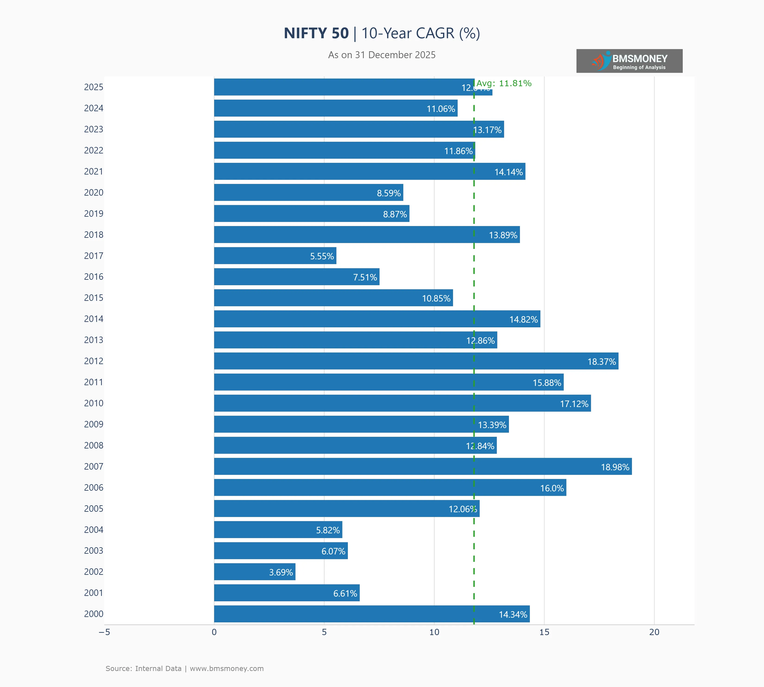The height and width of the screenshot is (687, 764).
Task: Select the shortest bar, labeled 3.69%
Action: point(254,572)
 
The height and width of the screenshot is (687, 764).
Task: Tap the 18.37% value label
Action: point(601,362)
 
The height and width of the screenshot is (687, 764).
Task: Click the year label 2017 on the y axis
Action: point(94,256)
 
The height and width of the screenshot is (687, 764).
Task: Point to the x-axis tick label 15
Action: point(544,632)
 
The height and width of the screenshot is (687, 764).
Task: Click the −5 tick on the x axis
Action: point(104,632)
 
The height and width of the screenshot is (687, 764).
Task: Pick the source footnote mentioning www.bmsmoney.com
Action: point(184,668)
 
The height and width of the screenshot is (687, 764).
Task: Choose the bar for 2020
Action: point(308,193)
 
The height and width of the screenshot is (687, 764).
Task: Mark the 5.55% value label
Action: point(322,256)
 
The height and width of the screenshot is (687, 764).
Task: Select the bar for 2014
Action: point(377,319)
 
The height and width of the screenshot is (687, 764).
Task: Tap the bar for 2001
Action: point(287,593)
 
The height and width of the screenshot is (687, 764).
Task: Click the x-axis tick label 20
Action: point(654,632)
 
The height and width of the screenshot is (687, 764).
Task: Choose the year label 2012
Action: point(94,361)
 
